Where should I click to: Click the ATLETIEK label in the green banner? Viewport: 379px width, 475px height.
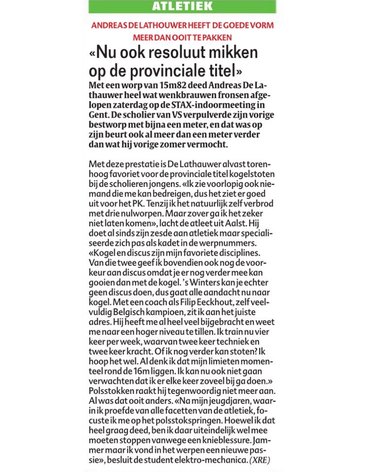pyautogui.click(x=183, y=6)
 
